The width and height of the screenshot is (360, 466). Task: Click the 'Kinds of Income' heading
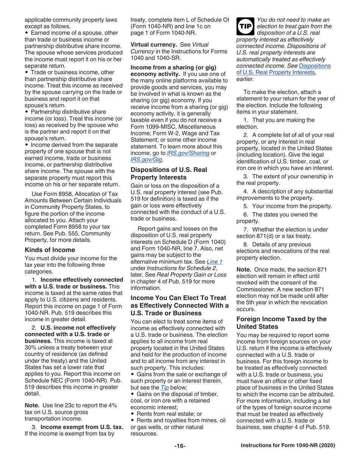[50, 250]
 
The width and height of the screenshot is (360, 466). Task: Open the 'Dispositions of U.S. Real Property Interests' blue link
[283, 69]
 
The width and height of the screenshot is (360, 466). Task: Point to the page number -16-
[180, 446]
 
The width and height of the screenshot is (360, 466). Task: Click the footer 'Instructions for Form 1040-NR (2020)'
[288, 446]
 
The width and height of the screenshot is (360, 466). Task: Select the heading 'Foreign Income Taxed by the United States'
[281, 323]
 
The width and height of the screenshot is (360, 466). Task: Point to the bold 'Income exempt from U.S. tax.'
[82, 427]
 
